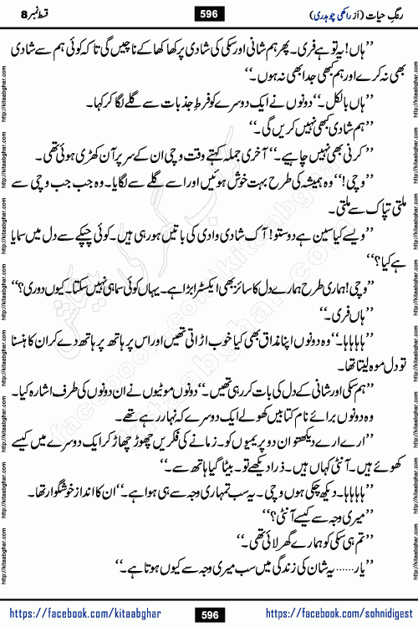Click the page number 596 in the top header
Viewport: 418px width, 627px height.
click(x=211, y=14)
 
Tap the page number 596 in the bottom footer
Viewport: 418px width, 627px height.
click(x=211, y=614)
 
